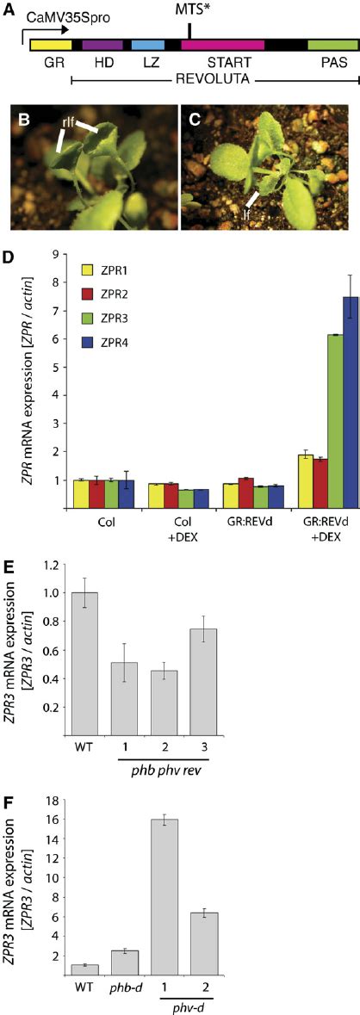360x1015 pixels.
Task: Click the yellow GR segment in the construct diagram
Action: (x=51, y=43)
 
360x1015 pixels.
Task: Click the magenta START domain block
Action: (x=222, y=43)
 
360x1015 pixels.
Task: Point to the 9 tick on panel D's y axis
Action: (x=54, y=254)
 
